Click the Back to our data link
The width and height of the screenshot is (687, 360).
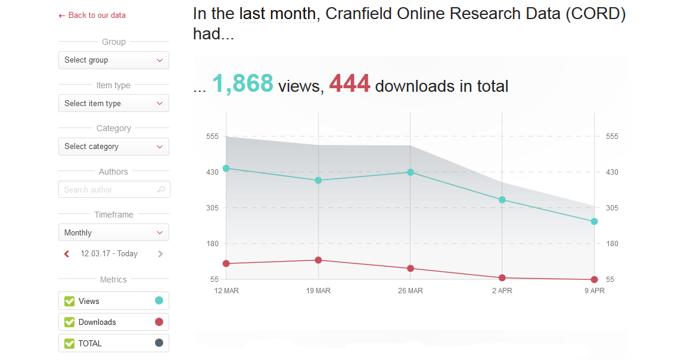click(x=92, y=15)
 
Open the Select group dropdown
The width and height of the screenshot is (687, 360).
click(x=113, y=60)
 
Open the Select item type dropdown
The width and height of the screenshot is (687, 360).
click(x=113, y=103)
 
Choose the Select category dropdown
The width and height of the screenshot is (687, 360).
click(x=113, y=147)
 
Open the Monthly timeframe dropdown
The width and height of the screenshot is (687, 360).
click(x=113, y=232)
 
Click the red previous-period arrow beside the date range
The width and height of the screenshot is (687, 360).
click(x=67, y=254)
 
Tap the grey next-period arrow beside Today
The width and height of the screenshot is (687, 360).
click(x=160, y=254)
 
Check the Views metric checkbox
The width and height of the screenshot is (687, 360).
click(x=69, y=301)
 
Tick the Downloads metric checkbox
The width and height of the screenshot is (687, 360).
click(x=69, y=322)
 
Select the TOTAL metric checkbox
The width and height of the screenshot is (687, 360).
click(x=69, y=343)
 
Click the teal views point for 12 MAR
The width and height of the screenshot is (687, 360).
click(x=226, y=168)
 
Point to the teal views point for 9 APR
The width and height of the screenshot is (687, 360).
click(x=594, y=222)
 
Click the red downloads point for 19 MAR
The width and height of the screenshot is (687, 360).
click(x=318, y=260)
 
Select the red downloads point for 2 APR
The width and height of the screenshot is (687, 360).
click(x=502, y=278)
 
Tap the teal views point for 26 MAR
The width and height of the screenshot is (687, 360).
click(x=411, y=172)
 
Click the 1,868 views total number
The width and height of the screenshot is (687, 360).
click(x=243, y=84)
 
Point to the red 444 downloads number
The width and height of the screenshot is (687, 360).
click(x=350, y=84)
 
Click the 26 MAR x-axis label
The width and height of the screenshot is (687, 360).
click(x=411, y=291)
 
